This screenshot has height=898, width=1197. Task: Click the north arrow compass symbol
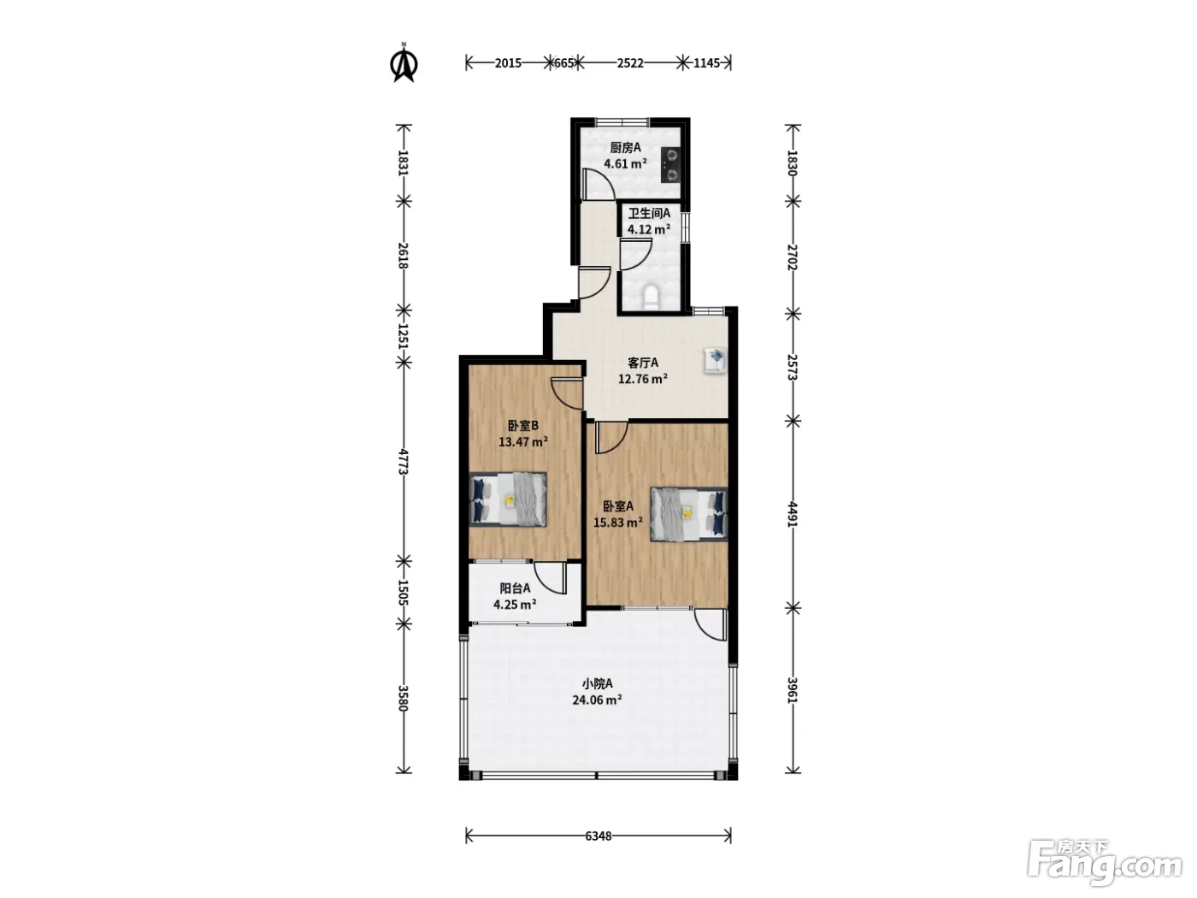(x=404, y=63)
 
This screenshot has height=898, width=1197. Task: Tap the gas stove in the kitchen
(x=671, y=165)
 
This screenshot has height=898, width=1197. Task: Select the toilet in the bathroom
(x=651, y=297)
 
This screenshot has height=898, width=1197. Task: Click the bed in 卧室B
(x=508, y=499)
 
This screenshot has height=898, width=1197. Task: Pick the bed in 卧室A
(x=689, y=514)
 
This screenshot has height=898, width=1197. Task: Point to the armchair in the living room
(x=716, y=360)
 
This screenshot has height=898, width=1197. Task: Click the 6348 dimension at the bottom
(x=598, y=836)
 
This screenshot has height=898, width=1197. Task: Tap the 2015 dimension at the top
(x=508, y=63)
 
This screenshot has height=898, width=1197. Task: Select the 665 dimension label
(x=563, y=63)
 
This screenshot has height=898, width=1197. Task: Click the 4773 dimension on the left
(x=404, y=461)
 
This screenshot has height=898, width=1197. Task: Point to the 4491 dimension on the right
(x=793, y=514)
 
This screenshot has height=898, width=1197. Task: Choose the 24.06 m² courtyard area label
(x=597, y=700)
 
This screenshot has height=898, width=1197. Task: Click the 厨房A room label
(x=626, y=148)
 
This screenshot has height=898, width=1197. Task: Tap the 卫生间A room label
(x=649, y=213)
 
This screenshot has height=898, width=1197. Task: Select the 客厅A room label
(x=643, y=363)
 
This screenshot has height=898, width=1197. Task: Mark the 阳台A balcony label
(x=515, y=588)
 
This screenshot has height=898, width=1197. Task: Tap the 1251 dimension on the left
(x=404, y=336)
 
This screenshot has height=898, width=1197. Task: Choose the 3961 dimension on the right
(x=793, y=690)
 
